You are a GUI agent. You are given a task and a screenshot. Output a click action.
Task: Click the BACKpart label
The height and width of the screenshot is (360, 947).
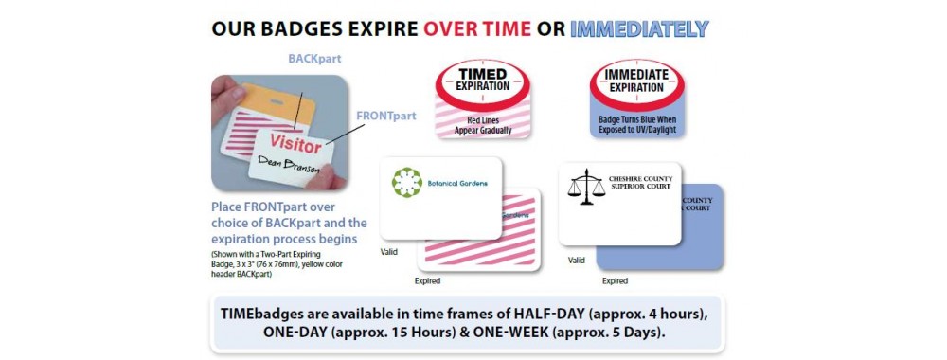click(314, 59)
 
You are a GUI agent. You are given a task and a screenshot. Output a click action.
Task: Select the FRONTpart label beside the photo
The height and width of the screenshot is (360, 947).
click(385, 116)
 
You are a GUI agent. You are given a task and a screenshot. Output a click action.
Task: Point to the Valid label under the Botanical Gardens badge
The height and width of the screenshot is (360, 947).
click(389, 252)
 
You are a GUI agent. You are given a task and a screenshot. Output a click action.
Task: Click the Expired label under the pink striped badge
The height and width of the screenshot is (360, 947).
click(427, 280)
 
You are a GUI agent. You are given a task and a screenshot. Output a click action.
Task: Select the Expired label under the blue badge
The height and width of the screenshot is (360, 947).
click(616, 280)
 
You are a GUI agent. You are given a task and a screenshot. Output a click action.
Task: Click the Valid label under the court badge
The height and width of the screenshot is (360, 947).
click(576, 260)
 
